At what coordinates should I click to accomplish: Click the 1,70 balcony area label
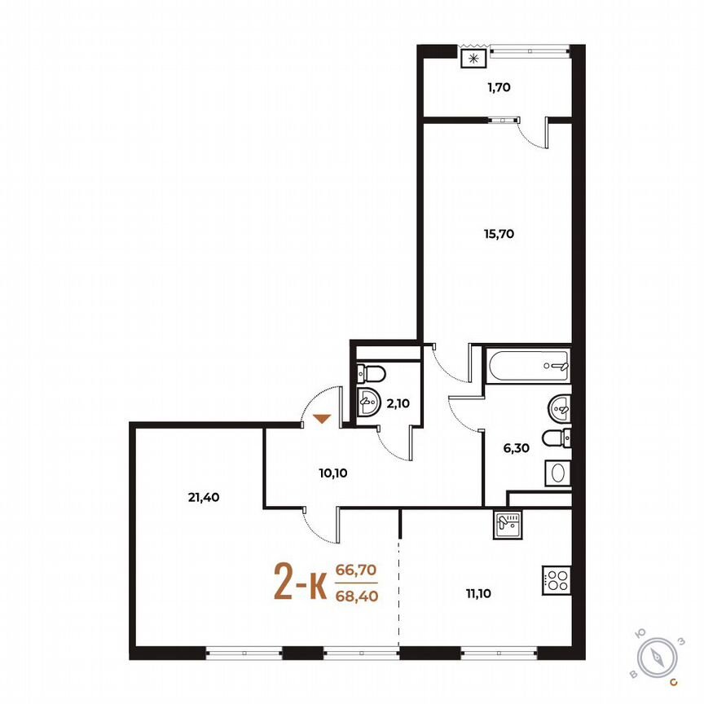tap(499, 86)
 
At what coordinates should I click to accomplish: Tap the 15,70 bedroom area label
tap(499, 233)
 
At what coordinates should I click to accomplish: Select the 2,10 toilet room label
tap(398, 402)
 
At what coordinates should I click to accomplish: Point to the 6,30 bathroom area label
tap(517, 447)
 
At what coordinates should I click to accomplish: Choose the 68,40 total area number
tap(356, 596)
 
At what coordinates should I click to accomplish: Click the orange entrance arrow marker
tap(323, 419)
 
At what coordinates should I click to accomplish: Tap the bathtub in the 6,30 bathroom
tap(528, 364)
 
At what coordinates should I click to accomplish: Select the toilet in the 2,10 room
tap(372, 374)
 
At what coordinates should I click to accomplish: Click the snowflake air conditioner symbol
tap(473, 58)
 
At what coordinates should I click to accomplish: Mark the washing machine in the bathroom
tap(557, 473)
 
